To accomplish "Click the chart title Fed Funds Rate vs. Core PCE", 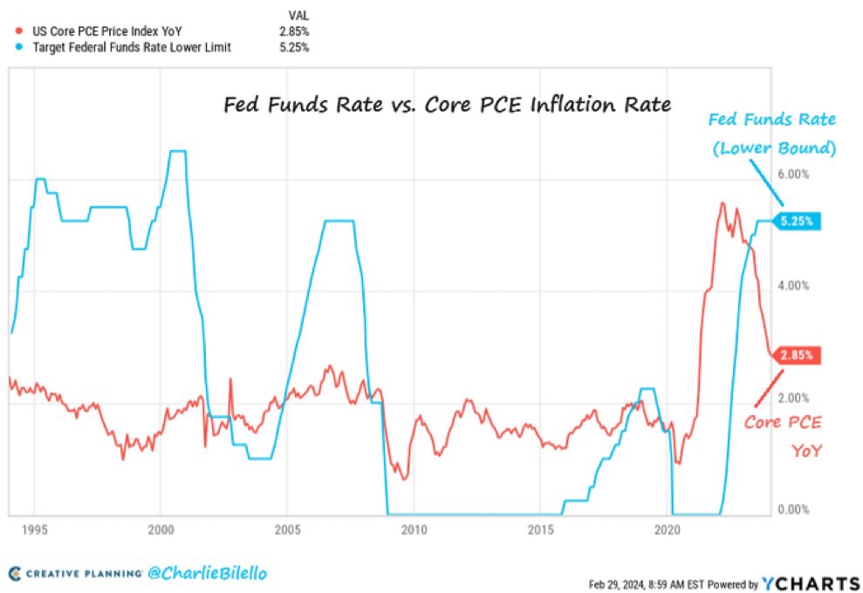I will pyautogui.click(x=445, y=105).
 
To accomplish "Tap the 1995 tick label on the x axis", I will pyautogui.click(x=34, y=529).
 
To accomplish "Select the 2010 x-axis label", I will pyautogui.click(x=413, y=529).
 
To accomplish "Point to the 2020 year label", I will pyautogui.click(x=667, y=529).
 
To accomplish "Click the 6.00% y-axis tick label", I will pyautogui.click(x=794, y=174).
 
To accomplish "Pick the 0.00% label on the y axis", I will pyautogui.click(x=794, y=510).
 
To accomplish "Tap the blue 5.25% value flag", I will pyautogui.click(x=797, y=222).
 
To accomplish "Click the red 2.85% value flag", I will pyautogui.click(x=797, y=355).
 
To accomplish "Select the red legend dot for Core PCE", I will pyautogui.click(x=18, y=31).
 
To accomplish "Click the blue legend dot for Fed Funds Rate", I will pyautogui.click(x=18, y=47).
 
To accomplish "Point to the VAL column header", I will pyautogui.click(x=298, y=15).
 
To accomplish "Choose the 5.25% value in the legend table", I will pyautogui.click(x=293, y=47).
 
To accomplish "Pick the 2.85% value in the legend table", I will pyautogui.click(x=293, y=31).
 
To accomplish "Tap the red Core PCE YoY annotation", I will pyautogui.click(x=783, y=436).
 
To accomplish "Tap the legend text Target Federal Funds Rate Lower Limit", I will pyautogui.click(x=131, y=47).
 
